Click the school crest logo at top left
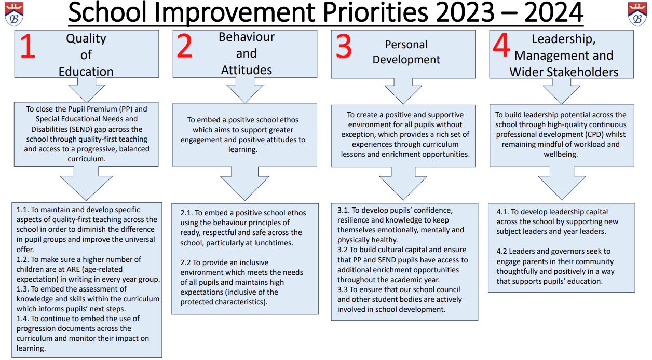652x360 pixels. [x=14, y=14]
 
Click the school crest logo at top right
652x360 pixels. [x=637, y=14]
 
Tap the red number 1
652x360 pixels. [x=28, y=46]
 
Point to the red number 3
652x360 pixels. [x=344, y=46]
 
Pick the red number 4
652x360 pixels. [x=501, y=45]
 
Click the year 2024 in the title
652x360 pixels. [x=553, y=13]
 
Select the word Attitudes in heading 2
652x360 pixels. [x=246, y=70]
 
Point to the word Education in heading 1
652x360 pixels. [x=86, y=72]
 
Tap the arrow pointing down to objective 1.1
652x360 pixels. [x=86, y=183]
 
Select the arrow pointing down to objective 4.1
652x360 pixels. [x=562, y=183]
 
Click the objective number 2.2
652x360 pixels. [x=185, y=262]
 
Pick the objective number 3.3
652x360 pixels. [x=343, y=289]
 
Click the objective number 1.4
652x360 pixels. [x=22, y=319]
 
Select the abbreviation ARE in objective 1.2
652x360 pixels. [x=73, y=269]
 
